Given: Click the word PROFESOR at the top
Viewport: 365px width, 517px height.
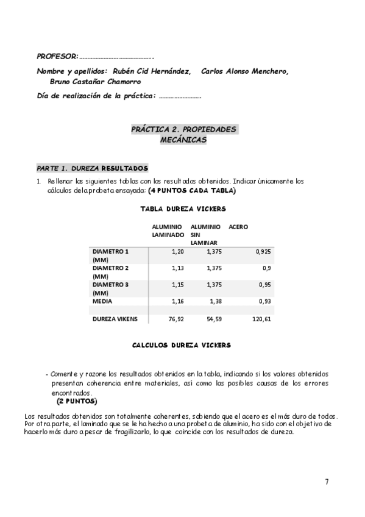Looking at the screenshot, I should tap(57, 56).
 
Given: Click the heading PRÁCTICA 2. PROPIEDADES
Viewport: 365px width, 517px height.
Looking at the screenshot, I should tap(183, 130).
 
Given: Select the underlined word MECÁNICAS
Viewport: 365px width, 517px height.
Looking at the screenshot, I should tap(183, 140).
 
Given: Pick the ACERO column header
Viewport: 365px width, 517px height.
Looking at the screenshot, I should tap(238, 227).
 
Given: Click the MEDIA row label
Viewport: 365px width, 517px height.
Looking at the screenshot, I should tap(102, 301).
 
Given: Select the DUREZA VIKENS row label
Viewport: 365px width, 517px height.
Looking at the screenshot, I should tap(115, 319).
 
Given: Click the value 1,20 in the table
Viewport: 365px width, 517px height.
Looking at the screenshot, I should tap(177, 251).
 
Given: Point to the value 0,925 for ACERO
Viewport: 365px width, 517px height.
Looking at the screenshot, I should tap(263, 251).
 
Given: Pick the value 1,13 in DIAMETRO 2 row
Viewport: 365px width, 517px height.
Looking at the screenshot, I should tap(177, 268).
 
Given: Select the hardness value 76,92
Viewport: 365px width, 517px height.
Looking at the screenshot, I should tap(176, 319).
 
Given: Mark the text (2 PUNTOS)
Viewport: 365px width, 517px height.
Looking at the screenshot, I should tap(77, 402).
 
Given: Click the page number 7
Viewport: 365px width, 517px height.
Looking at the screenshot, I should tap(327, 482).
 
